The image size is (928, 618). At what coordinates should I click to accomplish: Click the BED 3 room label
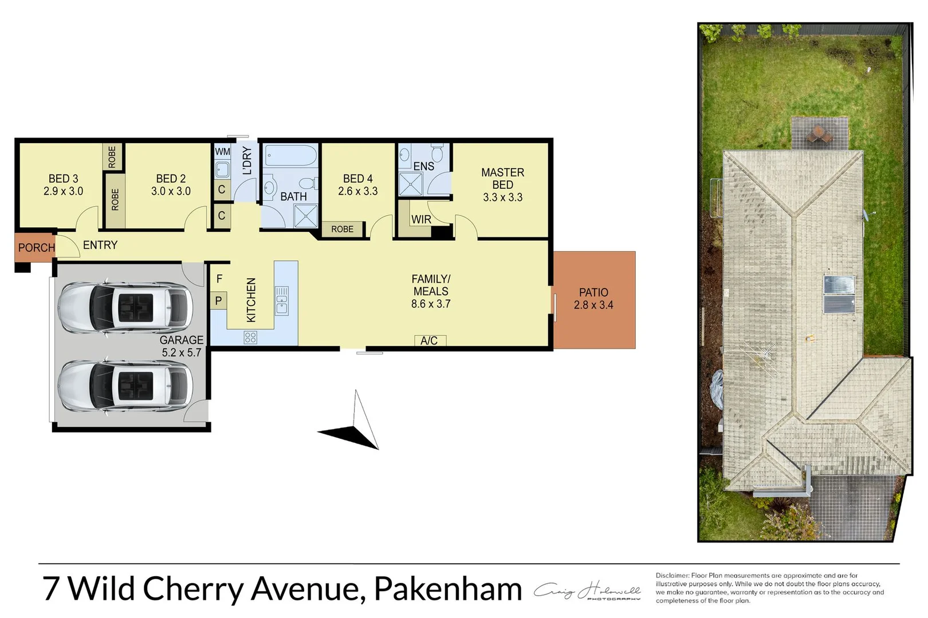tap(63, 185)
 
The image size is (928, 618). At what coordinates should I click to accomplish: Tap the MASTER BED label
tap(502, 184)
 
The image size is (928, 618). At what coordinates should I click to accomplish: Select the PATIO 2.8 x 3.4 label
tap(593, 299)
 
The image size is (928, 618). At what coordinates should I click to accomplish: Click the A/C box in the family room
tap(430, 340)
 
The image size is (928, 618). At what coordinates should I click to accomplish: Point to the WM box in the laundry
tap(222, 152)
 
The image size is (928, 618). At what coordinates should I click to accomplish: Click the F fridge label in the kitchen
tap(219, 279)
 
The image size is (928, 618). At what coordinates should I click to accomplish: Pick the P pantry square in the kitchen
tap(218, 300)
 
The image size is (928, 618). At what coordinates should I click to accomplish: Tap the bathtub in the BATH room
tap(291, 156)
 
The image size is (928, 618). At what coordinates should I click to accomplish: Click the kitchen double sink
tap(282, 300)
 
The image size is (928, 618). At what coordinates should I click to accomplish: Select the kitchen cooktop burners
tap(250, 338)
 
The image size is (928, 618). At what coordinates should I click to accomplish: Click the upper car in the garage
tap(125, 308)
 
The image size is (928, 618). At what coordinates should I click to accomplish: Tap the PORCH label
tap(36, 248)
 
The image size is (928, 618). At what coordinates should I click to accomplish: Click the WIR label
tap(420, 220)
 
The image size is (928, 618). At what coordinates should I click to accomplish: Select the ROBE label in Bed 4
tap(342, 229)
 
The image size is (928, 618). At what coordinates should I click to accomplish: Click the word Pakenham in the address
tap(447, 588)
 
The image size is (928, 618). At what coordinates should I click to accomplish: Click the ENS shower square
tap(411, 184)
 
